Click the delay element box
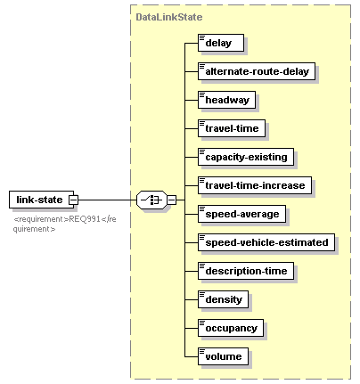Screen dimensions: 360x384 [221, 43]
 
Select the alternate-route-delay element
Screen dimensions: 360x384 [257, 71]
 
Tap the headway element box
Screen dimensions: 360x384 [226, 100]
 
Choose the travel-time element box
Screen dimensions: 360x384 [232, 128]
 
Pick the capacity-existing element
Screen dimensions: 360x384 [246, 157]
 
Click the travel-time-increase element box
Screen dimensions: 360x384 [255, 185]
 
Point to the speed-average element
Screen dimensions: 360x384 [241, 214]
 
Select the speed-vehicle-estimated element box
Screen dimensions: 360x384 [266, 242]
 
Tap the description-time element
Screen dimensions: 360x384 [246, 271]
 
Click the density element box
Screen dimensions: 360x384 [223, 299]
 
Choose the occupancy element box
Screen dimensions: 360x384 [231, 328]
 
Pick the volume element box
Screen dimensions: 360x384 [223, 356]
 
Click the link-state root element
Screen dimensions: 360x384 [41, 200]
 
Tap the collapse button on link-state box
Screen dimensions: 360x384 [73, 200]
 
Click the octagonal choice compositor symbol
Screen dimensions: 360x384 [151, 200]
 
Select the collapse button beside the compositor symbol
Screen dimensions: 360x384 [171, 200]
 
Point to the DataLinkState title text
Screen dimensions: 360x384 [169, 17]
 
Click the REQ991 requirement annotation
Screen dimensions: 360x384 [65, 224]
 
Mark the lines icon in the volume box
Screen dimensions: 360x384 [202, 352]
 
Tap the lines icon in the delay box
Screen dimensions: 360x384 [202, 38]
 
